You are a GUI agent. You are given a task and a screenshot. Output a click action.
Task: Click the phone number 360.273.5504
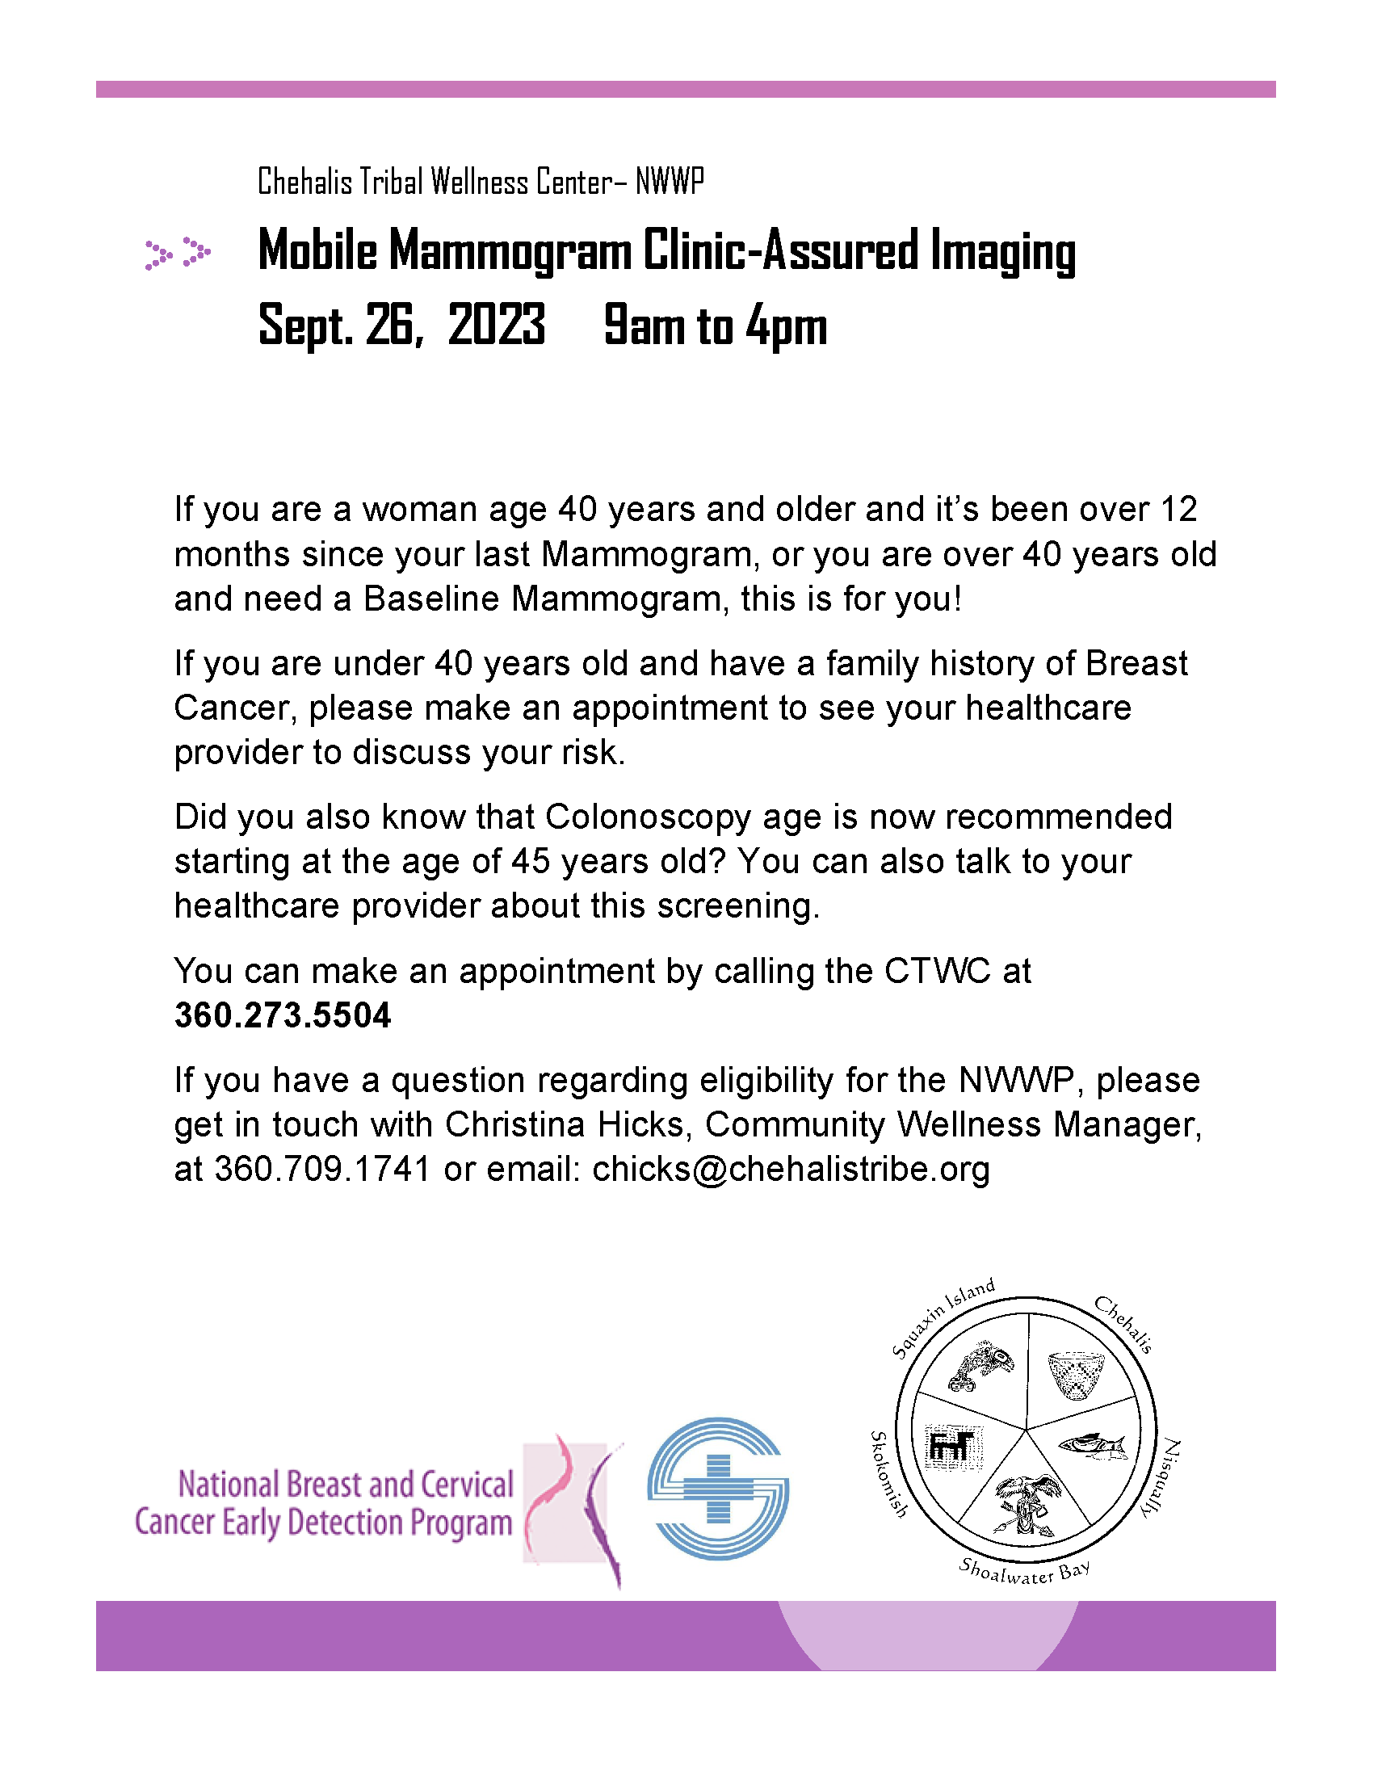pyautogui.click(x=282, y=1015)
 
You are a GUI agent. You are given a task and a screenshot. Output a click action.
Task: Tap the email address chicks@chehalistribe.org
pyautogui.click(x=791, y=1170)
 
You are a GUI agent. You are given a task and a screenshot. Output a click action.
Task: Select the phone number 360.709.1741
pyautogui.click(x=322, y=1170)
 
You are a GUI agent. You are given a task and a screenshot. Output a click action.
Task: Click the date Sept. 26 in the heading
pyautogui.click(x=340, y=325)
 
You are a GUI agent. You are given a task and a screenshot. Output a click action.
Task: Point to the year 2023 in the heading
pyautogui.click(x=496, y=325)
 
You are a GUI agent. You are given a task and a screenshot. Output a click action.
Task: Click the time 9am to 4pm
pyautogui.click(x=715, y=325)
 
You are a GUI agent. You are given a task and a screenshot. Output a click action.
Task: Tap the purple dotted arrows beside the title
pyautogui.click(x=178, y=253)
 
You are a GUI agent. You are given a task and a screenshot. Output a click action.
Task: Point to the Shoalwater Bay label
pyautogui.click(x=1023, y=1572)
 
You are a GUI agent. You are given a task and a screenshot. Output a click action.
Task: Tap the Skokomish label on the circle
pyautogui.click(x=888, y=1473)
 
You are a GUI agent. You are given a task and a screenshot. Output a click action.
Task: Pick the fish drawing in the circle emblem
pyautogui.click(x=1093, y=1444)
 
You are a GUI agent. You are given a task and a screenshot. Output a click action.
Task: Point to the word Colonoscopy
pyautogui.click(x=648, y=817)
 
